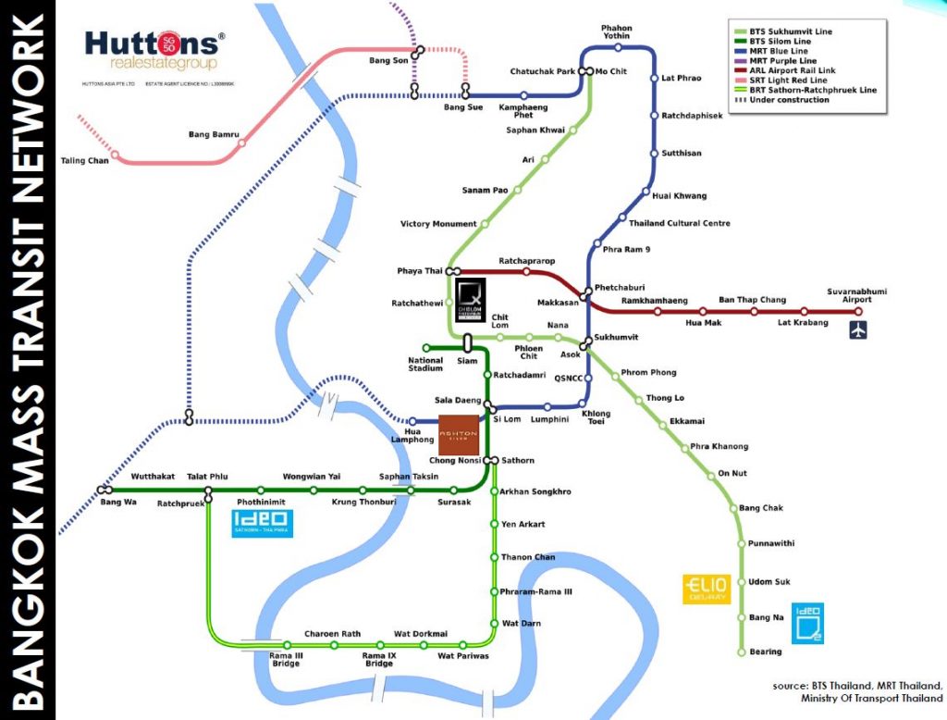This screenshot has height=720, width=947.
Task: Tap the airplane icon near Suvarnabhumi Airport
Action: (859, 329)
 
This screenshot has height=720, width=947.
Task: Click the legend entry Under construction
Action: (783, 100)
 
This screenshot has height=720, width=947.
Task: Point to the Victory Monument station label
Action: (438, 224)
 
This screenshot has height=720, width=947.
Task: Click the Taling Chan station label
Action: (84, 161)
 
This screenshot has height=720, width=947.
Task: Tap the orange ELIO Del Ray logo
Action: (707, 589)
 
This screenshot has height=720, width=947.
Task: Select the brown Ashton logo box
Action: (458, 434)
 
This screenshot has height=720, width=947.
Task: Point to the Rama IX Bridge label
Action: (378, 660)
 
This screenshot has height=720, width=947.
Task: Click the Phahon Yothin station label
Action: (617, 32)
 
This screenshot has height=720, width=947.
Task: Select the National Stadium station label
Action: (425, 364)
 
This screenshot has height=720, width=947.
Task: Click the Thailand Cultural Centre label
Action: (680, 223)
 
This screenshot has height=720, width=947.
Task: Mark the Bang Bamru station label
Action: (214, 135)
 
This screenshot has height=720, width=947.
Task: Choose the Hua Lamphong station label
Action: (421, 438)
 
